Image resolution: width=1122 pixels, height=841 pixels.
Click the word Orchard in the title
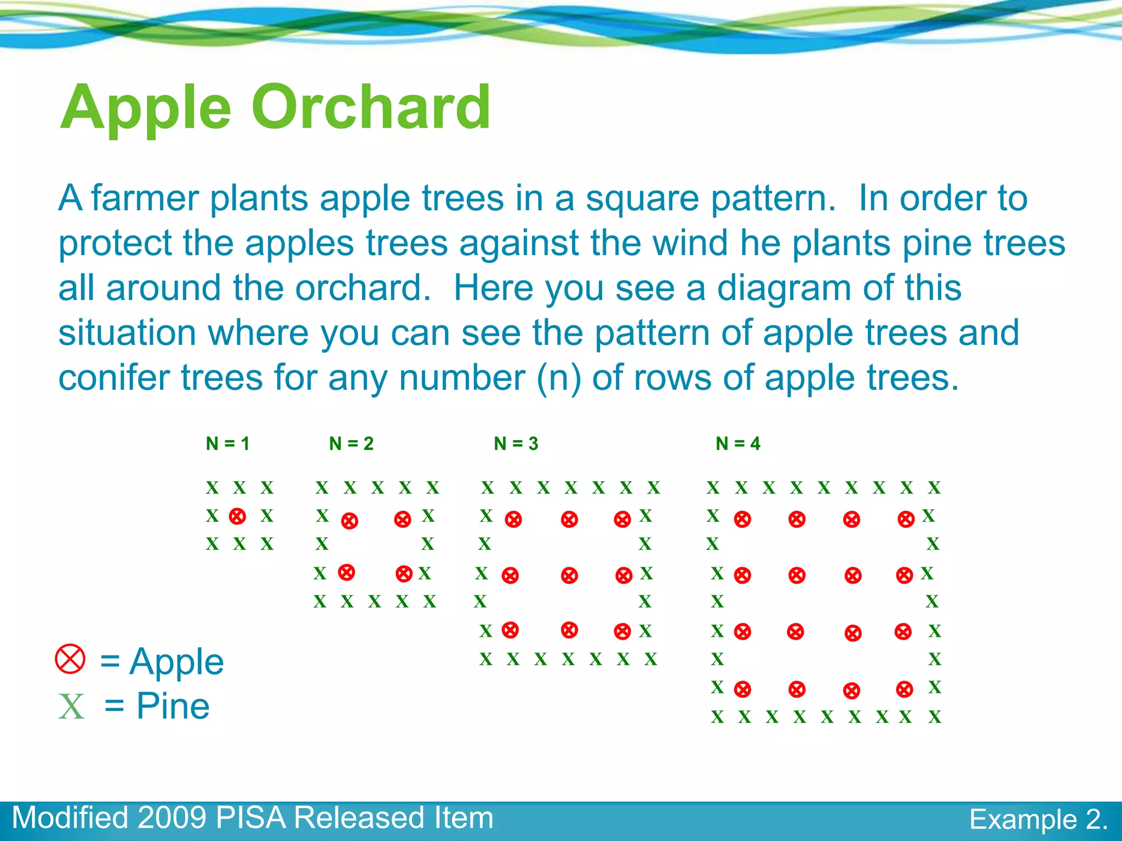(x=371, y=107)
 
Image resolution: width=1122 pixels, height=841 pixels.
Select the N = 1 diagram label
(x=228, y=443)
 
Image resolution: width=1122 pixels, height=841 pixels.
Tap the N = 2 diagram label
(x=351, y=443)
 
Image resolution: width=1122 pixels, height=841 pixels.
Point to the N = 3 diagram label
(x=516, y=443)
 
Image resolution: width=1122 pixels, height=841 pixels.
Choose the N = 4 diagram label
(x=738, y=443)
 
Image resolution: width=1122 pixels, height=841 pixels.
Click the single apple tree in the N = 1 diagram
(x=237, y=516)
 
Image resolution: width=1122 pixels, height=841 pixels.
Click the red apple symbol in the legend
(x=71, y=659)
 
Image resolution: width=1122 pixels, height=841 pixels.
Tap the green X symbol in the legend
(x=72, y=706)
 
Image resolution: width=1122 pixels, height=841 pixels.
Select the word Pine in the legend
(x=173, y=706)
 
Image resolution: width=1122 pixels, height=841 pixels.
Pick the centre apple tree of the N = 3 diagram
(x=569, y=575)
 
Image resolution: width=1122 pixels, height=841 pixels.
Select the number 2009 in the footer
(x=172, y=818)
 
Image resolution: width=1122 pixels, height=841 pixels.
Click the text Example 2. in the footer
(x=1038, y=820)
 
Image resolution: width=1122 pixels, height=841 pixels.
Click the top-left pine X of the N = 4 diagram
(x=713, y=487)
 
